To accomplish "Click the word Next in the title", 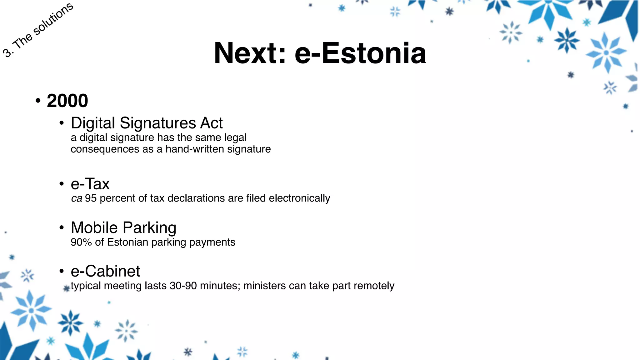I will coord(250,53).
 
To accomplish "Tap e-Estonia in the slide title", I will coord(360,53).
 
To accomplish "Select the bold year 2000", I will coord(67,101).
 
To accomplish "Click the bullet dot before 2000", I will coord(38,101).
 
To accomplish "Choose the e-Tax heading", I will coord(90,184).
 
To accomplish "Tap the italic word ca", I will coord(77,198).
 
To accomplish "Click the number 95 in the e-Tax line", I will coord(91,198).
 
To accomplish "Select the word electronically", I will coord(299,198).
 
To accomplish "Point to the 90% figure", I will coord(81,242).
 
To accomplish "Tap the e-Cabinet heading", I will coord(105,271).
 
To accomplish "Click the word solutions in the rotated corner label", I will coord(53,19).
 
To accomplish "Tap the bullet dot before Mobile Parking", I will coord(62,227).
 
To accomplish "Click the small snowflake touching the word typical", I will coord(66,288).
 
